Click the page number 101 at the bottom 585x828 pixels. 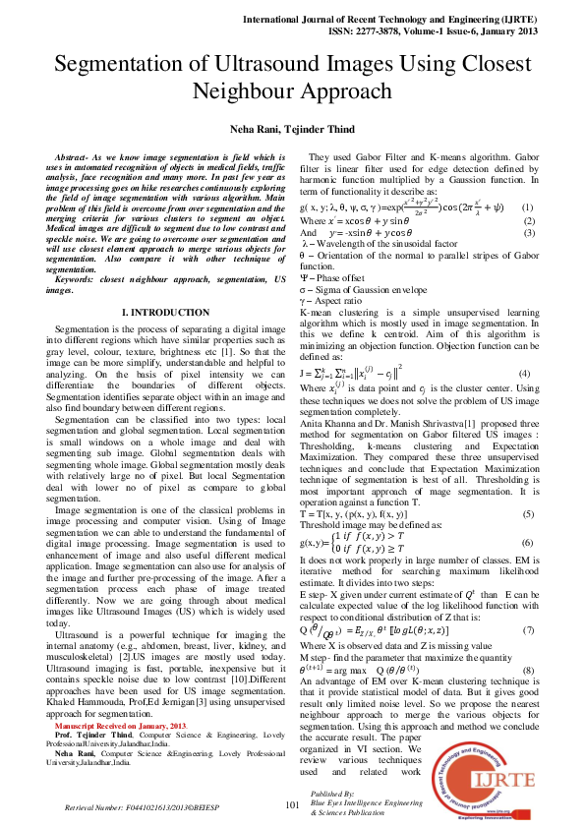tap(291, 804)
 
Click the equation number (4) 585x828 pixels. tap(525, 374)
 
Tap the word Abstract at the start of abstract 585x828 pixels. tap(73, 157)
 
